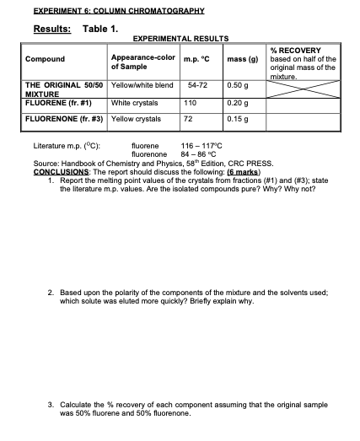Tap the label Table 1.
coord(100,28)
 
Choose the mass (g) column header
coord(243,59)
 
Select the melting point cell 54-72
coord(197,86)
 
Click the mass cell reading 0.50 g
coord(239,86)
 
